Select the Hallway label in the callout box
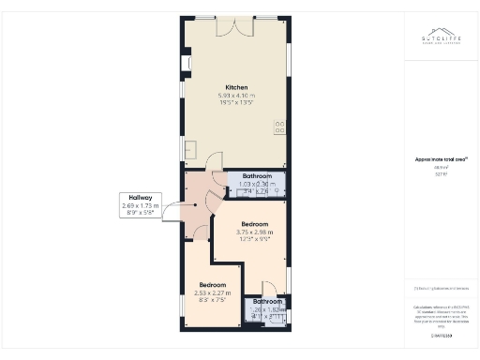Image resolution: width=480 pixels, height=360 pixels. [x=141, y=198]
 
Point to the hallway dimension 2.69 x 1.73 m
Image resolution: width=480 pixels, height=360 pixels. [x=141, y=205]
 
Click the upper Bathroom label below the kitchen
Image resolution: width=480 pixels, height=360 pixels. [x=257, y=176]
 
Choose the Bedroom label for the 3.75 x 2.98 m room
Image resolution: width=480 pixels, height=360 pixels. [x=255, y=224]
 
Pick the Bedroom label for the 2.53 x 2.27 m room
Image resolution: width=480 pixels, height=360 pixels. [x=212, y=284]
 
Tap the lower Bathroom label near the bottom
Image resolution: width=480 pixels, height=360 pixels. [x=267, y=301]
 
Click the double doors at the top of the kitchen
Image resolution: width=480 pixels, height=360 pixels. [x=230, y=27]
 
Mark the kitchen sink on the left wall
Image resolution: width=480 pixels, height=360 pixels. [x=190, y=149]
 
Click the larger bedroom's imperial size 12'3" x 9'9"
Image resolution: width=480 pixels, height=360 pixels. [x=255, y=239]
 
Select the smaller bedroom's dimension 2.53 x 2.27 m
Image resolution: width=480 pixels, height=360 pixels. [x=212, y=292]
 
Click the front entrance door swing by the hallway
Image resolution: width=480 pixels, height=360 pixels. [x=174, y=212]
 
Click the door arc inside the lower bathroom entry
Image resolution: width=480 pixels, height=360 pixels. [x=269, y=287]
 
